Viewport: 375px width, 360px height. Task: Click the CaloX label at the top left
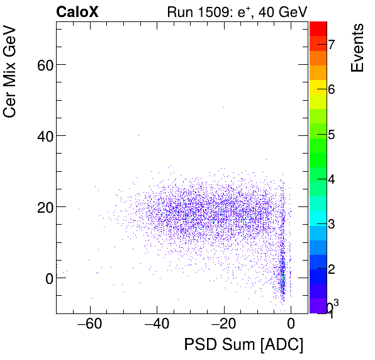pyautogui.click(x=77, y=12)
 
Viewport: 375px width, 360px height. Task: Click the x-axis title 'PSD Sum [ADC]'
pyautogui.click(x=243, y=345)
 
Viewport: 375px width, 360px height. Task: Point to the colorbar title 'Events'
pyautogui.click(x=357, y=48)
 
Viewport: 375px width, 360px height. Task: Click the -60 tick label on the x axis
pyautogui.click(x=88, y=325)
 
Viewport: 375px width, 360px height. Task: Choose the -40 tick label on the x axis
pyautogui.click(x=155, y=325)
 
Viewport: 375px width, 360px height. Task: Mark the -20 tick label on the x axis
pyautogui.click(x=223, y=325)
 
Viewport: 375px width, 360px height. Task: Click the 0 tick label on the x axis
pyautogui.click(x=291, y=325)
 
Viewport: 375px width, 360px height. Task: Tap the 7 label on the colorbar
pyautogui.click(x=331, y=44)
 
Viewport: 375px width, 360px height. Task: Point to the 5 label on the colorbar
pyautogui.click(x=331, y=135)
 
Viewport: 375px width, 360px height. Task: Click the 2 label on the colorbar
pyautogui.click(x=331, y=269)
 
